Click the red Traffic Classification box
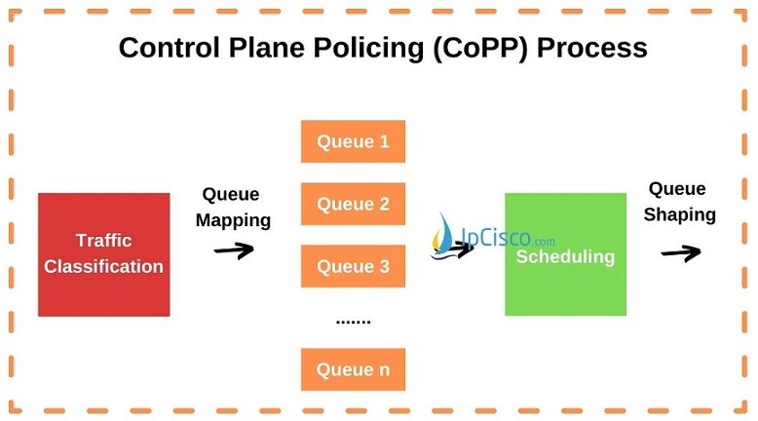[103, 253]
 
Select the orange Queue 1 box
[353, 141]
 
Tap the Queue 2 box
[353, 204]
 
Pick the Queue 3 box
[353, 266]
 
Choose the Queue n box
[353, 369]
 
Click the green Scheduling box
[565, 253]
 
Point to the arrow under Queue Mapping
[234, 249]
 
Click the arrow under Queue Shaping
[680, 252]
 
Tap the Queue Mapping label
[233, 208]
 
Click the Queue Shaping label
[679, 202]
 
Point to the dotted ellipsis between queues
[353, 320]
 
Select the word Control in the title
[166, 47]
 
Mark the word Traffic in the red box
[103, 241]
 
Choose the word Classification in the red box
[103, 266]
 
